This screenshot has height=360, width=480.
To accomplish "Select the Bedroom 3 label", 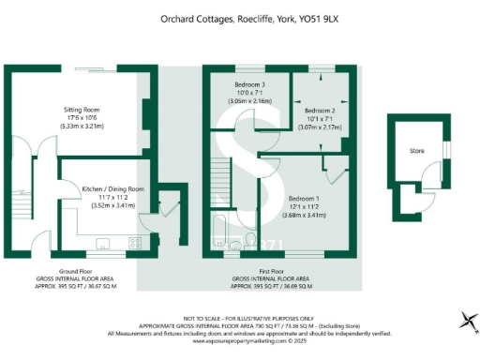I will tap(250, 85).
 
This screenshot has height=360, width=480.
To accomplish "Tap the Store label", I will tap(416, 150).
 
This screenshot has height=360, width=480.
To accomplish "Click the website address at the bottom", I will tap(239, 340).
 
